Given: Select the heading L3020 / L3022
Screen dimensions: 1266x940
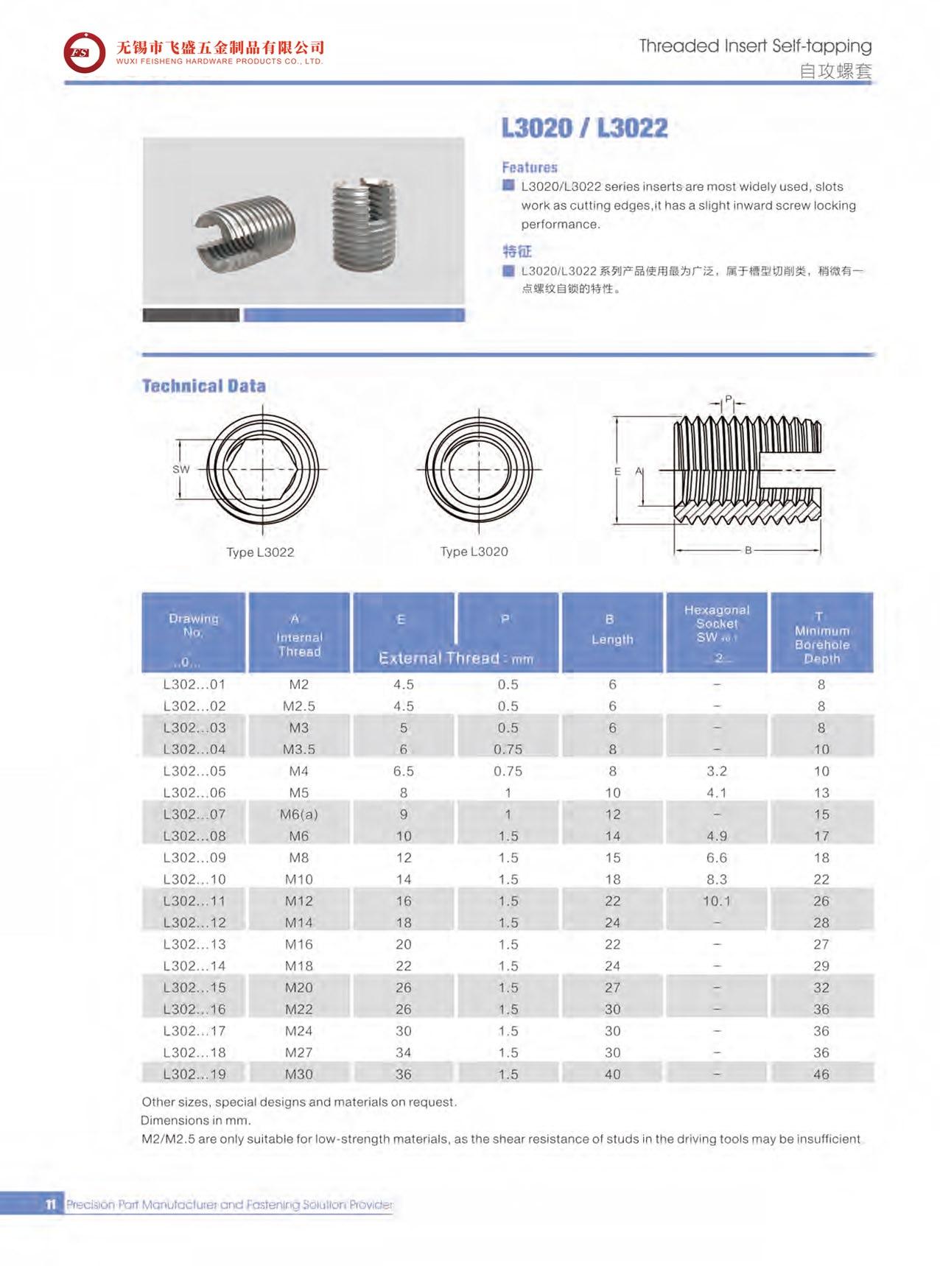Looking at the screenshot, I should click(584, 128).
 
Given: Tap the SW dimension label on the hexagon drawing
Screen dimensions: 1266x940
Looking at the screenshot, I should click(181, 469).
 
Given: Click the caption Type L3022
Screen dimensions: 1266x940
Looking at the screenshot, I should click(260, 552).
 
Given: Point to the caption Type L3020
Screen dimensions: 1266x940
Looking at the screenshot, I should click(474, 552).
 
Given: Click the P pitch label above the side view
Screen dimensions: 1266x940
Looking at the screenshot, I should click(729, 400).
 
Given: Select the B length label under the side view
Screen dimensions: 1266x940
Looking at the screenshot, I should click(748, 550).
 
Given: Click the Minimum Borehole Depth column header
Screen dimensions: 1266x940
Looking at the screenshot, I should click(821, 638).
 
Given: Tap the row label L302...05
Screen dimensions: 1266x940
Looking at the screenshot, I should click(194, 771).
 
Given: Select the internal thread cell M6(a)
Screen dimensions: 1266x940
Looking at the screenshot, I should click(299, 815).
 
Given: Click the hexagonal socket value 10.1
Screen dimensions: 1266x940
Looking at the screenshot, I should click(716, 901).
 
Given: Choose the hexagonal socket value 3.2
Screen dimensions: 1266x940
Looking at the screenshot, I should click(716, 771).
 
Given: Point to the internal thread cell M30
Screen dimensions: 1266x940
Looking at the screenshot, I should click(299, 1074).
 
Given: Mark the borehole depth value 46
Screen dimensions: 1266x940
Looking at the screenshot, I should click(821, 1074).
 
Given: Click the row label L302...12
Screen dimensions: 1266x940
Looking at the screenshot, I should click(194, 922).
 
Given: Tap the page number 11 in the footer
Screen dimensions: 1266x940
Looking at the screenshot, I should click(50, 1205).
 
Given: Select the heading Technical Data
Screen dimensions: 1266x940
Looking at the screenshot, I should click(203, 386).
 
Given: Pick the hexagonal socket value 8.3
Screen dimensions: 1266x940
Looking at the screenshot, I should click(716, 879).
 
